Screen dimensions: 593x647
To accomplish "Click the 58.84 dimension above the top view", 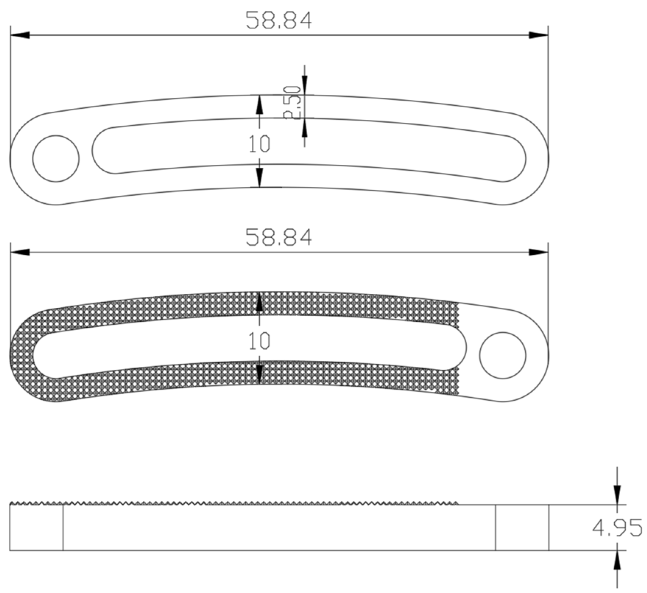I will pyautogui.click(x=279, y=21).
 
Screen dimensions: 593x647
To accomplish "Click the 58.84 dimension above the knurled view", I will pyautogui.click(x=279, y=237).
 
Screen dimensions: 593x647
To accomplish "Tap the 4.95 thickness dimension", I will pyautogui.click(x=617, y=528).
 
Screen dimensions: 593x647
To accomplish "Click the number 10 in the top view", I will pyautogui.click(x=259, y=144).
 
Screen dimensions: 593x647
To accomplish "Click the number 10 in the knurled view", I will pyautogui.click(x=259, y=341).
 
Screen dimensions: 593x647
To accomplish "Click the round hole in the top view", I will pyautogui.click(x=56, y=158).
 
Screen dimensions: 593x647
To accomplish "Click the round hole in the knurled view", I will pyautogui.click(x=503, y=355).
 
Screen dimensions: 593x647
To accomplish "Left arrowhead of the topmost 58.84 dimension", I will pyautogui.click(x=20, y=35).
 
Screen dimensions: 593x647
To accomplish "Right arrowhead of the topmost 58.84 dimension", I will pyautogui.click(x=538, y=35).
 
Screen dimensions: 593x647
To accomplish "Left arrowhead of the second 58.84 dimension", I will pyautogui.click(x=20, y=252).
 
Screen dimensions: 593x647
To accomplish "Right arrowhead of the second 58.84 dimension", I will pyautogui.click(x=538, y=252).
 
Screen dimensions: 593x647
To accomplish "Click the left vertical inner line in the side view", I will pyautogui.click(x=63, y=527).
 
